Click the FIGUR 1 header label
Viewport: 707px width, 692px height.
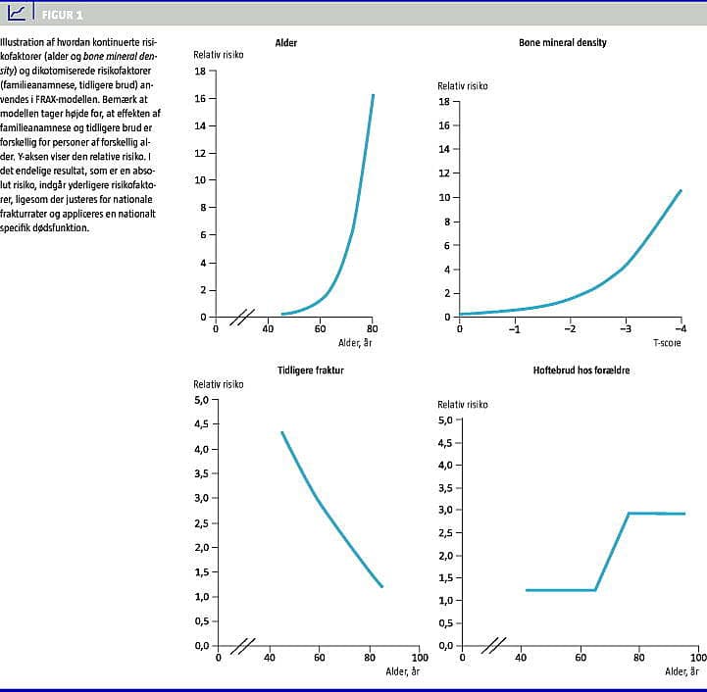point(63,15)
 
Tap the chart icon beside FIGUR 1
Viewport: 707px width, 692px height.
point(19,13)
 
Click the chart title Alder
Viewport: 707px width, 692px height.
point(286,43)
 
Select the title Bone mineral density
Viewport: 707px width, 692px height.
point(563,43)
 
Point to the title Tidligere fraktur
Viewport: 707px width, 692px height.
point(311,370)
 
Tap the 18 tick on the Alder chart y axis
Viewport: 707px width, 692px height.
point(200,71)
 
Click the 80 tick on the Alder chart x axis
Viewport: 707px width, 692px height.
point(373,328)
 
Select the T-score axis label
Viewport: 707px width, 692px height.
point(667,342)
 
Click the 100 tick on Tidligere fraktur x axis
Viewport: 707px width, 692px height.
point(420,658)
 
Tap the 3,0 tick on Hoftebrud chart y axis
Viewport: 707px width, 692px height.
point(444,511)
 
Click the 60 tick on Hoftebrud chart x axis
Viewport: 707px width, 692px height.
point(581,658)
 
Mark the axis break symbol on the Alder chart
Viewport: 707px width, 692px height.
point(242,318)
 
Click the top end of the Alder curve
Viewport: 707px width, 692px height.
point(373,95)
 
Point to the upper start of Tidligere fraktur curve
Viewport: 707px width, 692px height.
point(282,432)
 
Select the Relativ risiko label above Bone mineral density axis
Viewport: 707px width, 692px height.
point(463,86)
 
